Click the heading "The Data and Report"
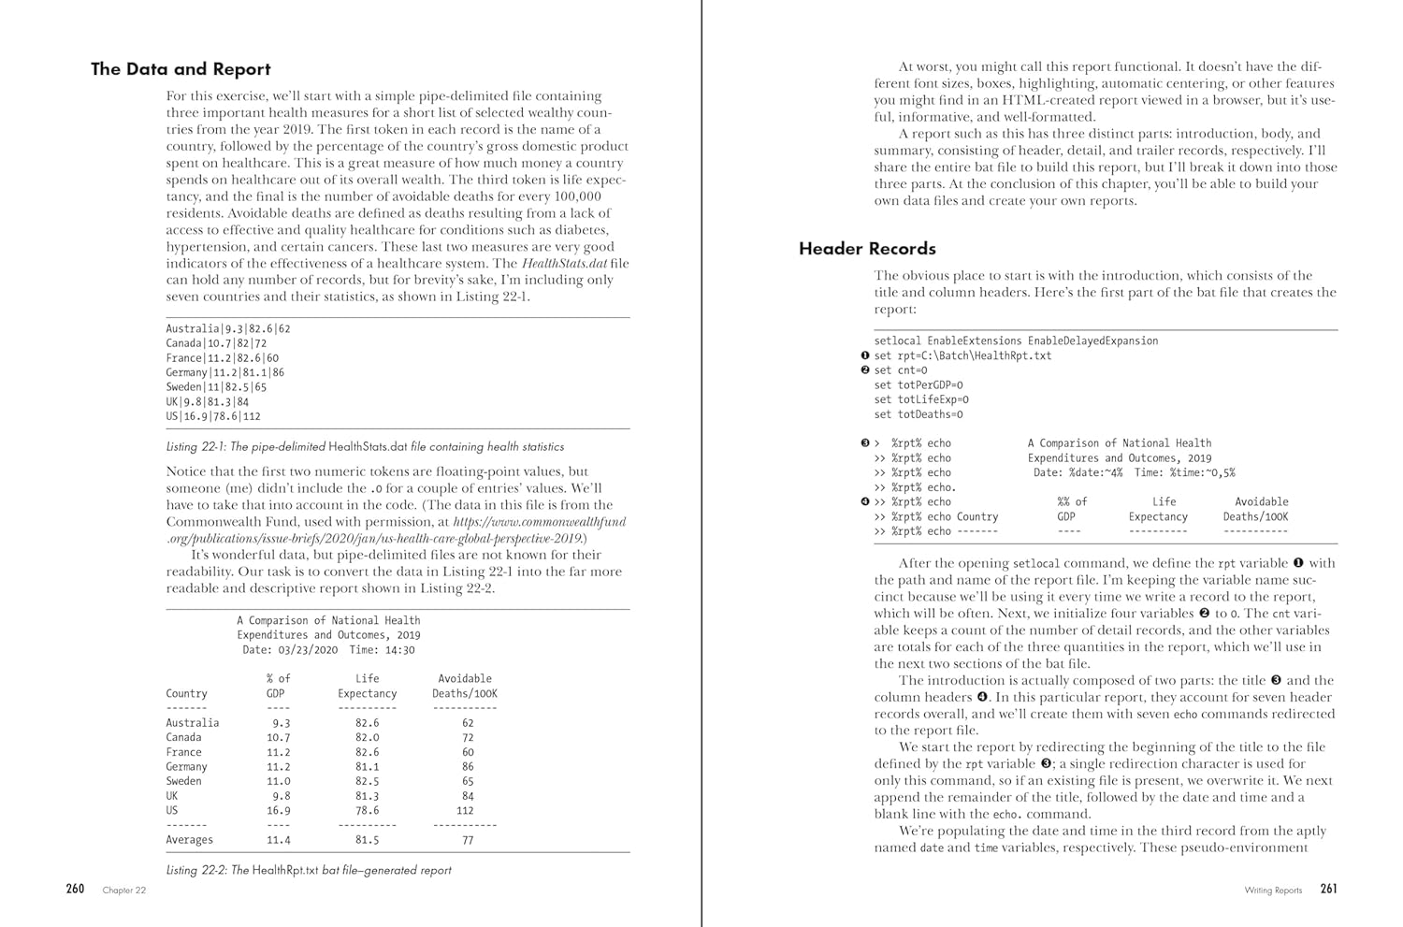tap(181, 69)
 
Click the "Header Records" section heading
tap(867, 249)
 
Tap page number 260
tap(75, 889)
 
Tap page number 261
tap(1328, 889)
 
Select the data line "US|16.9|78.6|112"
tap(213, 416)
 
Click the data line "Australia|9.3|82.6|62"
tap(228, 328)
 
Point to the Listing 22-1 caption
tap(365, 447)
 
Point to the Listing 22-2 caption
tap(309, 870)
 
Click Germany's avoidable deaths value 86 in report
tap(468, 766)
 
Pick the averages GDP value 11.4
tap(278, 840)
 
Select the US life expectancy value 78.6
tap(367, 810)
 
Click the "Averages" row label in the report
tap(189, 840)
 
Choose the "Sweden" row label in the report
tap(183, 781)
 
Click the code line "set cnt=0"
tap(901, 370)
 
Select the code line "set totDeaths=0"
tap(918, 414)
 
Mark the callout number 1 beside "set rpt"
tap(864, 355)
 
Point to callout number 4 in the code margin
tap(864, 502)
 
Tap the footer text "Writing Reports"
tap(1272, 891)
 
